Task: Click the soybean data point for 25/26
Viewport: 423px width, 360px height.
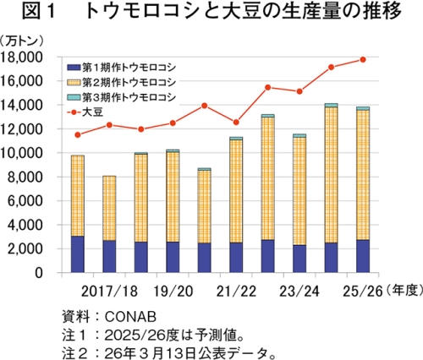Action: tap(363, 59)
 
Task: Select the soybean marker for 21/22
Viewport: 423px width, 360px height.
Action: tap(236, 123)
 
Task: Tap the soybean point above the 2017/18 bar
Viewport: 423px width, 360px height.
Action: tap(109, 125)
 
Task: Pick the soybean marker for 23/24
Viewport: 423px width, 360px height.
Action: tap(299, 91)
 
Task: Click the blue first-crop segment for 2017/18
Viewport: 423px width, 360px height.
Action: tap(109, 256)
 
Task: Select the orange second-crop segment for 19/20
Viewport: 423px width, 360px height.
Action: tap(173, 197)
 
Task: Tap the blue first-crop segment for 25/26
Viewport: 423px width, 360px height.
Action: tap(363, 256)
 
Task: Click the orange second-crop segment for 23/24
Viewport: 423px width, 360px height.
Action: tap(299, 191)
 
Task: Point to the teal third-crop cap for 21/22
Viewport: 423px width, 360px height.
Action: tap(236, 139)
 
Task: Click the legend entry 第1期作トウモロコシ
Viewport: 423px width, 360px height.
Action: tap(122, 68)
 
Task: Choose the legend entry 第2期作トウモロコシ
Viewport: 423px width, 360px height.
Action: tap(122, 83)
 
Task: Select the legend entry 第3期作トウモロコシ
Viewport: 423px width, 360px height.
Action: tap(122, 97)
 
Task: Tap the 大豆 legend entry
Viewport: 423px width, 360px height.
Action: tap(85, 112)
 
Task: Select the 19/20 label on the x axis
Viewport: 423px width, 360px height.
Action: tap(173, 292)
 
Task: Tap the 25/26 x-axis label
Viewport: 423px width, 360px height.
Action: tap(363, 292)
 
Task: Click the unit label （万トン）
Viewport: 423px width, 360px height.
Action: tap(22, 41)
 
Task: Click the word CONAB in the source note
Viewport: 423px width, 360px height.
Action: tap(130, 317)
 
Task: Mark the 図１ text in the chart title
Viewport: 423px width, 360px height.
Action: tap(38, 11)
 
